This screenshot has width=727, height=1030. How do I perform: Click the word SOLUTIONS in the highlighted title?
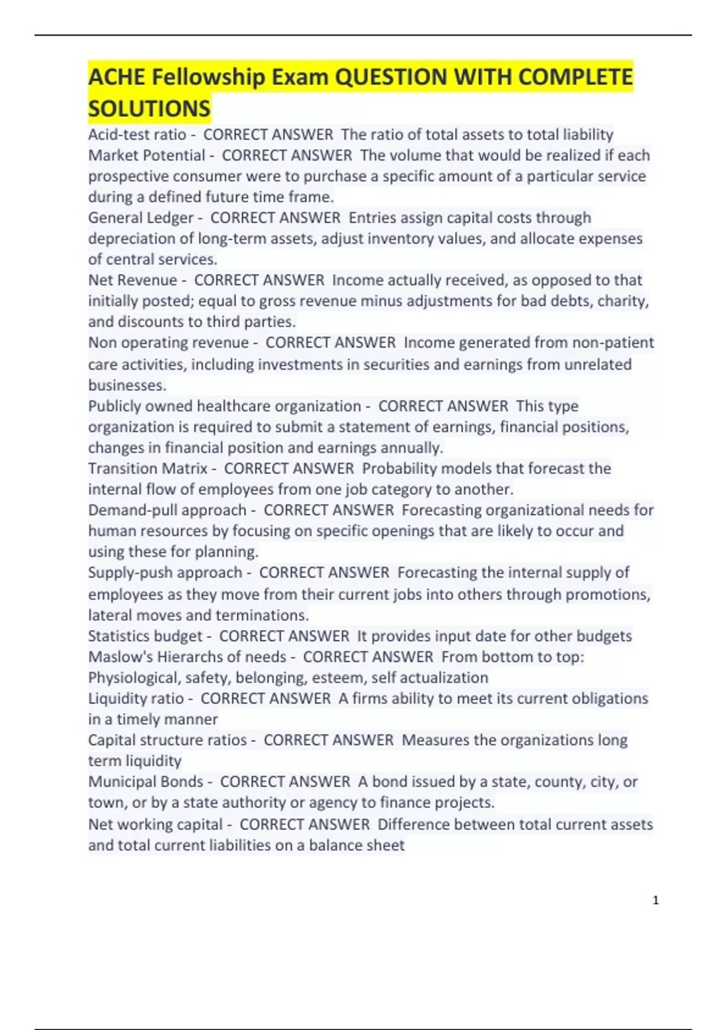click(x=149, y=109)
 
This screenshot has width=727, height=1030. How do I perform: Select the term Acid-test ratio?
click(x=137, y=135)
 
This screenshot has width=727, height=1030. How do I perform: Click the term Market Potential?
click(x=147, y=156)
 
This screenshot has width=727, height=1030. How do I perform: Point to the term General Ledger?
click(x=141, y=218)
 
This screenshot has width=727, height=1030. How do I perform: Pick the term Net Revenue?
click(x=133, y=281)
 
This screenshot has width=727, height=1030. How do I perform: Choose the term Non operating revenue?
click(x=168, y=343)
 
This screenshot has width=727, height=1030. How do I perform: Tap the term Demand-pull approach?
click(x=167, y=510)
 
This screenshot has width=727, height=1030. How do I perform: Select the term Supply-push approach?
click(x=165, y=573)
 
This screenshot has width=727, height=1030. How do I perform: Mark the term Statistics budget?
click(x=145, y=636)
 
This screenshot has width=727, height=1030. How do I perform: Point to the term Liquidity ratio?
click(x=136, y=699)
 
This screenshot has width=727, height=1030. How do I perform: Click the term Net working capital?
click(x=156, y=825)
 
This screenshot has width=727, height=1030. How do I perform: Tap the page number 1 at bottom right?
click(x=656, y=900)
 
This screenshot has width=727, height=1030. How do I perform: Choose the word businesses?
click(x=126, y=385)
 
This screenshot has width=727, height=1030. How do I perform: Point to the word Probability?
click(x=400, y=469)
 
